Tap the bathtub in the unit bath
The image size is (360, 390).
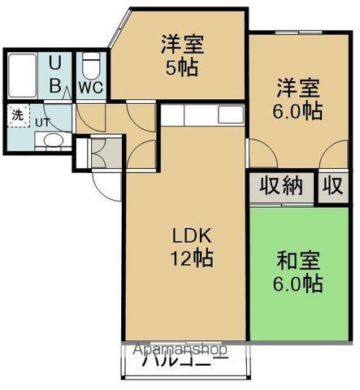tap(22, 75)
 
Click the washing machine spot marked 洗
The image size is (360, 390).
tap(17, 115)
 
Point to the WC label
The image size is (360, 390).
tap(90, 89)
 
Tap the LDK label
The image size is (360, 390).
tap(192, 236)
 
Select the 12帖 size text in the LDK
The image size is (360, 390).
tap(192, 259)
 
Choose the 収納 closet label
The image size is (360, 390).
tap(281, 186)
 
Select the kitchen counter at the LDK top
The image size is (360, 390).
tap(203, 115)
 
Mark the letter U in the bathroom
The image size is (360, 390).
tap(54, 62)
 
